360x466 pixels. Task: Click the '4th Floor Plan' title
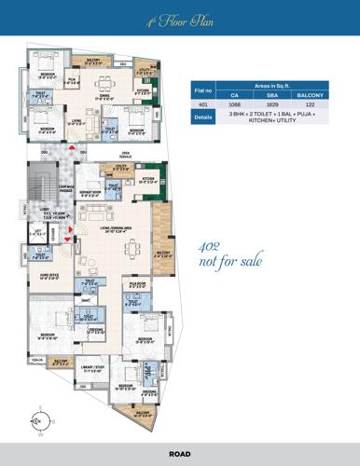(x=180, y=19)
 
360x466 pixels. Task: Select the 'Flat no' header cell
(x=202, y=89)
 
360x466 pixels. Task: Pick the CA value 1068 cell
(x=235, y=105)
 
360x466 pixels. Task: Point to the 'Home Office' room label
(x=51, y=277)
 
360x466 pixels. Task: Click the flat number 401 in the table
(x=202, y=105)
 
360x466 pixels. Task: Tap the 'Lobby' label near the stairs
(x=45, y=210)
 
